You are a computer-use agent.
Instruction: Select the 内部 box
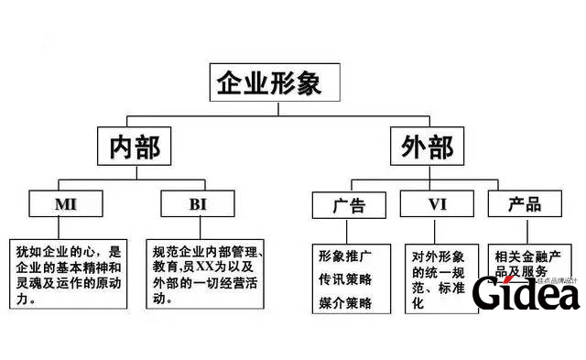pyautogui.click(x=134, y=147)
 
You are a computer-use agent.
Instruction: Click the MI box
pyautogui.click(x=65, y=202)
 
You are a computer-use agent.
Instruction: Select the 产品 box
pyautogui.click(x=524, y=204)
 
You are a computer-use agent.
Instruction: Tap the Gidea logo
pyautogui.click(x=526, y=293)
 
